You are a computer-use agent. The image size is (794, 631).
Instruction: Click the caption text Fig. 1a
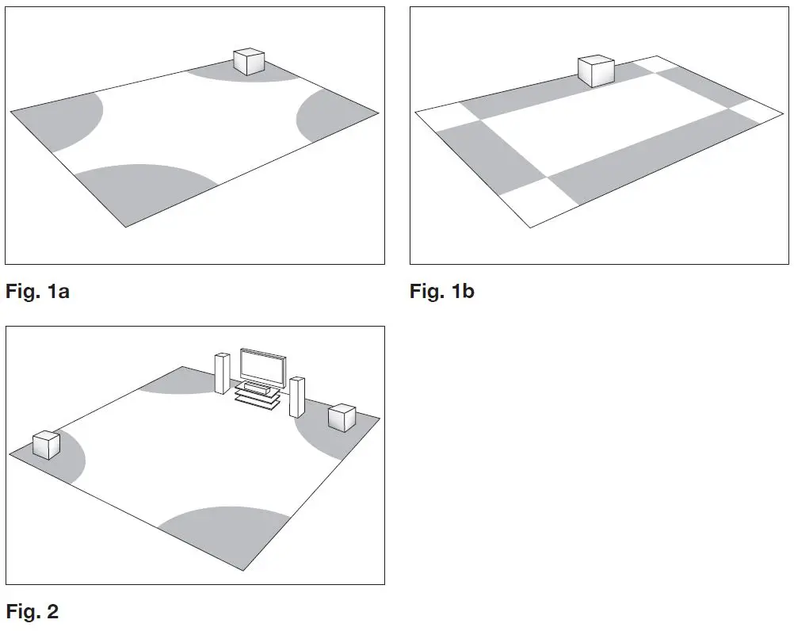(x=37, y=291)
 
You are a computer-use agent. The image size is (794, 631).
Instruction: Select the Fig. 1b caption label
(x=441, y=291)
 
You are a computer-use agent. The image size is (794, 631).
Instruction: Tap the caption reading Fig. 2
(x=32, y=611)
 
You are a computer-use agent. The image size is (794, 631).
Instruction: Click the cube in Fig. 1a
(x=248, y=62)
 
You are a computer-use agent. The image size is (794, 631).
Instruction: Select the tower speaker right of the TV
(x=297, y=396)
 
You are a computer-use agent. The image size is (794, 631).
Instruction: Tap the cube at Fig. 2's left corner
(x=47, y=445)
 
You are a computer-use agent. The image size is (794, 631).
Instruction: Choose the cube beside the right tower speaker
(x=342, y=417)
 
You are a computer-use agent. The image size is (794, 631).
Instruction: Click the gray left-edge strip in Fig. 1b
(x=483, y=159)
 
